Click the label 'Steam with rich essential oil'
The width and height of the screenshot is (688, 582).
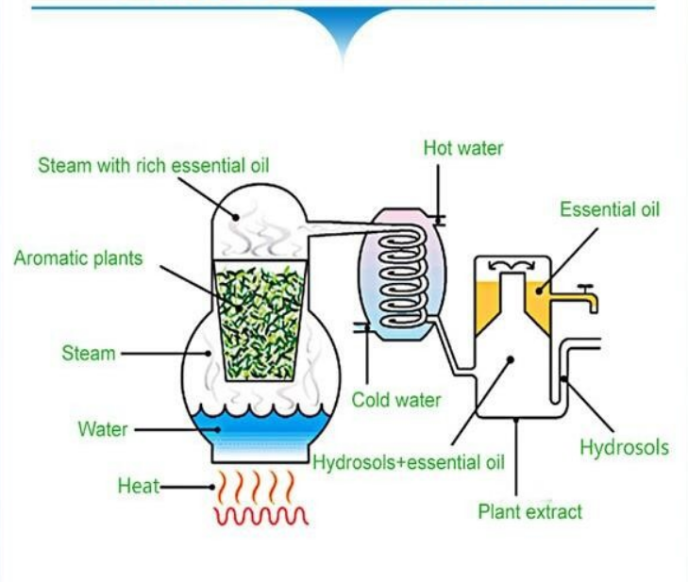(154, 166)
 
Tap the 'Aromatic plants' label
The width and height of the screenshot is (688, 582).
(78, 258)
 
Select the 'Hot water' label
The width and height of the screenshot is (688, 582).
(462, 148)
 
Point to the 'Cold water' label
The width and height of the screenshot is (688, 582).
(396, 400)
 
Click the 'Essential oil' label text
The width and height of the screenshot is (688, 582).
(609, 208)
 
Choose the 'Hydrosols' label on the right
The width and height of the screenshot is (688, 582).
(624, 446)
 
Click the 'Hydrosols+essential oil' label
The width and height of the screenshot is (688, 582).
(409, 463)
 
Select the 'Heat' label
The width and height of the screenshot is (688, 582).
(138, 487)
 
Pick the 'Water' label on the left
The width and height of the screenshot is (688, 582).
(103, 429)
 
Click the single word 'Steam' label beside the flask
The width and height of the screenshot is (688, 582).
(89, 354)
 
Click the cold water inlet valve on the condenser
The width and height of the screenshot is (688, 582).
(360, 327)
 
